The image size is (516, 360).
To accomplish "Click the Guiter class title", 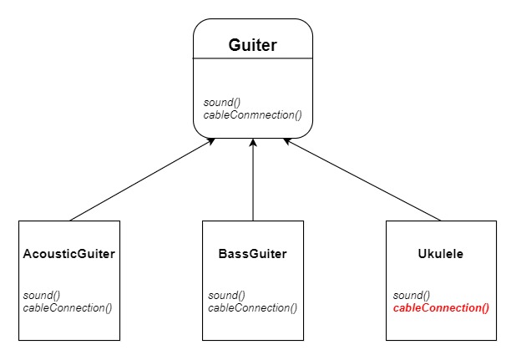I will pos(253,43).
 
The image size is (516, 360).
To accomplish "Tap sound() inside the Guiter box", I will pos(222,103).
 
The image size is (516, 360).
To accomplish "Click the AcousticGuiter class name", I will pos(69,255).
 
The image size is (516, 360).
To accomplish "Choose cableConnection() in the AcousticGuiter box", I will pos(68,307).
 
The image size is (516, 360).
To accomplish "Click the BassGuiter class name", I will pos(252,255).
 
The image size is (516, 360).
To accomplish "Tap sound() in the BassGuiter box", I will pos(225,296).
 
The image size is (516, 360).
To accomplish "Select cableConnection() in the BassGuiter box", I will pos(252,307).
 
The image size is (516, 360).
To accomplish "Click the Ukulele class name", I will pos(440,255).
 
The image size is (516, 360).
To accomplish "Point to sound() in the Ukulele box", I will pos(411,296).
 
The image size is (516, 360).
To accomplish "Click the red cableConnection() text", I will pos(440,307).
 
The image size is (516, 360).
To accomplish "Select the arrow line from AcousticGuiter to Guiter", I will pos(142,180).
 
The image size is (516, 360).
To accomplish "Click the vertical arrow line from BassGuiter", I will pos(252,184).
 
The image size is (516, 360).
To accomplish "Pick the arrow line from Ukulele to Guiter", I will pos(363,180).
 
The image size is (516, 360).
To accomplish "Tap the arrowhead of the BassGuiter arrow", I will pos(252,144).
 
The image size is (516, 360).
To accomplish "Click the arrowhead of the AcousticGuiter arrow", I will pos(211,142).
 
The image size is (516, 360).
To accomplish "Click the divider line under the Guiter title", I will pos(253,59).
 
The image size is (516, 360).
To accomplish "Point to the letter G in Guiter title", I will pos(235,43).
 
